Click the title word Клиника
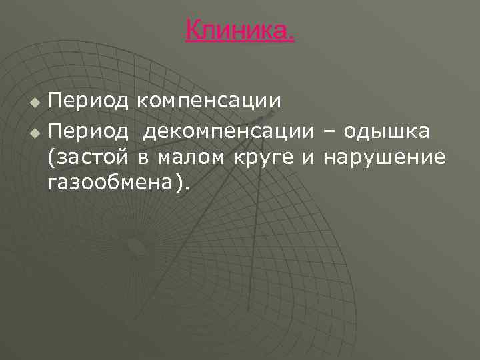pos(239,30)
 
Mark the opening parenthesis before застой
pos(52,157)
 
